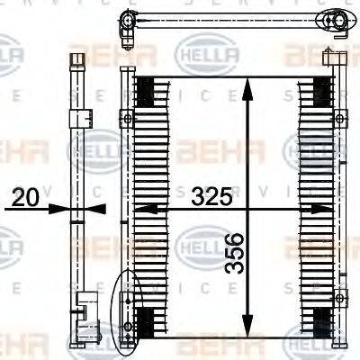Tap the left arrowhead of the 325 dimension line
(140, 209)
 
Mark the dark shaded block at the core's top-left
(144, 88)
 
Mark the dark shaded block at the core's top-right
(319, 88)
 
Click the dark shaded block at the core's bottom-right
(319, 319)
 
